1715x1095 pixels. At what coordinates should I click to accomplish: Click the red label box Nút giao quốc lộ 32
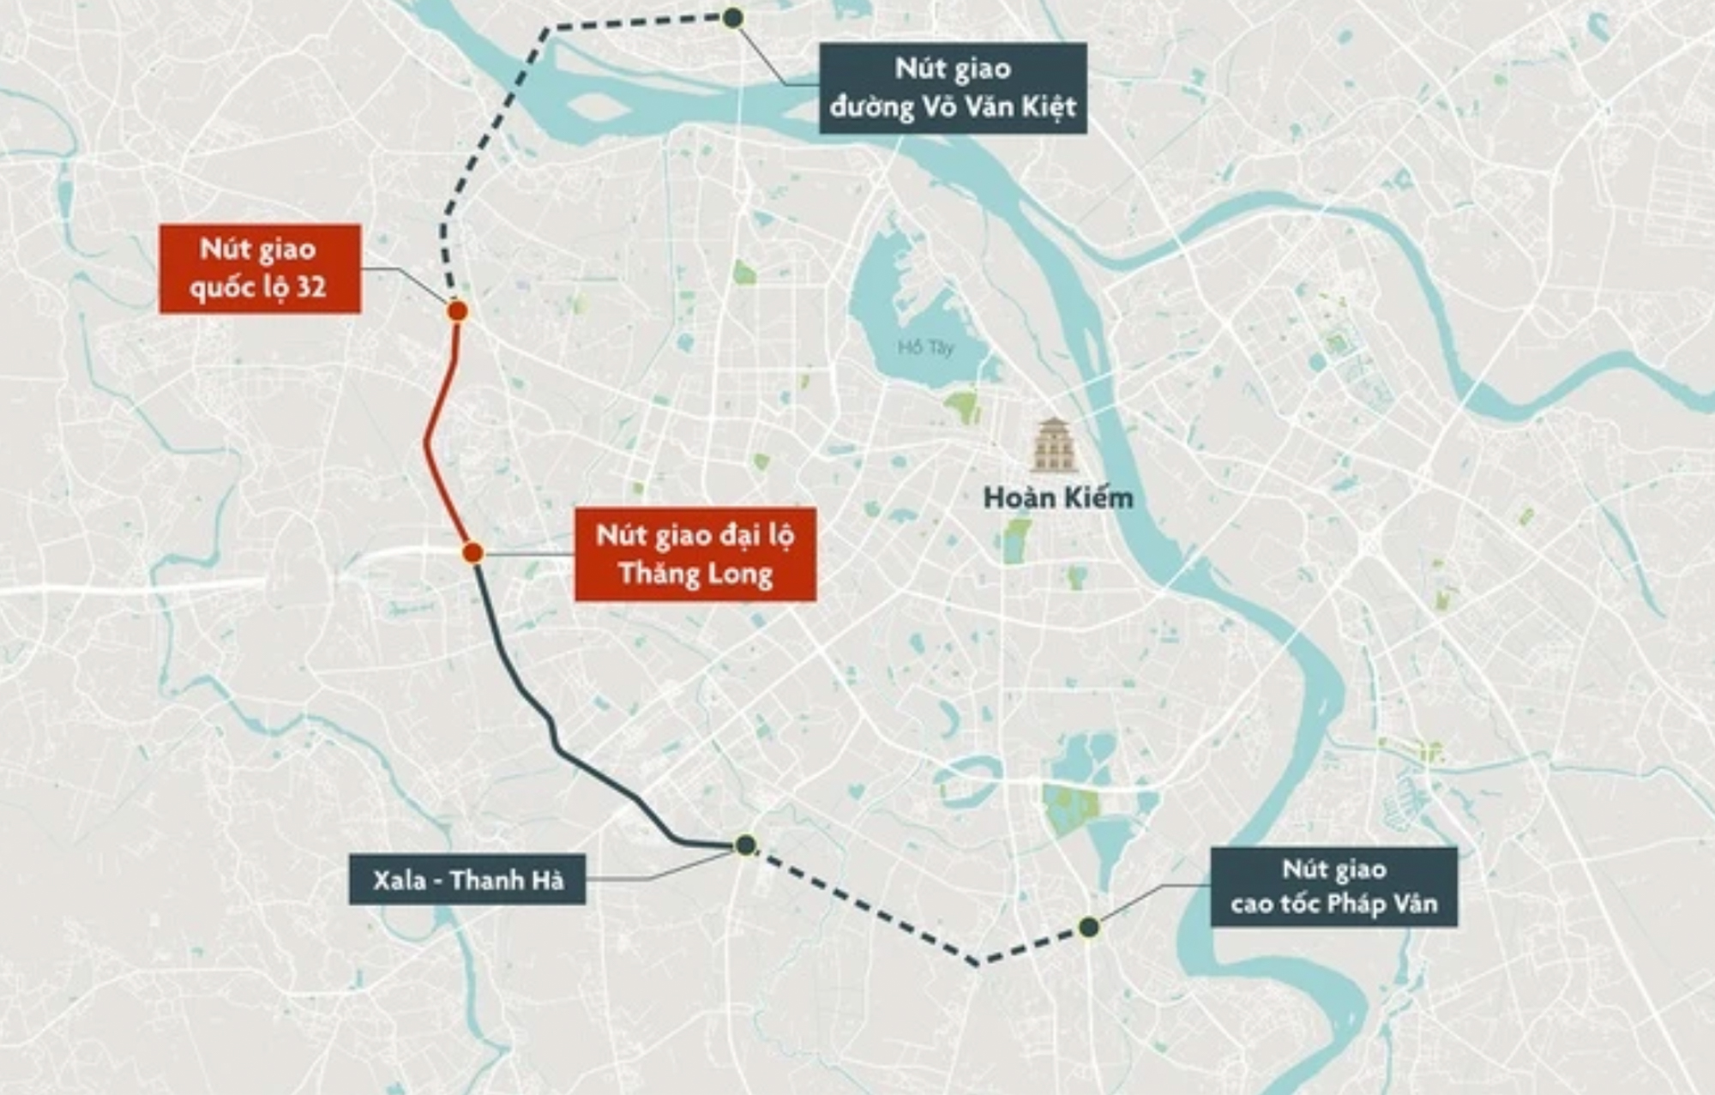(260, 268)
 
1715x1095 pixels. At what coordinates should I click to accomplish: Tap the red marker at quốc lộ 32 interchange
(457, 311)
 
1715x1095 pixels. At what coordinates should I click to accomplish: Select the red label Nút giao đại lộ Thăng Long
(695, 554)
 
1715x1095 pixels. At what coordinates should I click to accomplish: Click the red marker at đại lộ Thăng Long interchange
(472, 553)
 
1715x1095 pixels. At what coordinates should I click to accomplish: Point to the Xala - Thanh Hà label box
(467, 879)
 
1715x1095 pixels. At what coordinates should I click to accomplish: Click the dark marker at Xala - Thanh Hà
(745, 845)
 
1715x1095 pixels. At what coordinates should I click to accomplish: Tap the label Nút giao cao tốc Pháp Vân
(1333, 887)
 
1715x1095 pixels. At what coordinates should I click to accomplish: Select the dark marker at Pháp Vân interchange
(1089, 927)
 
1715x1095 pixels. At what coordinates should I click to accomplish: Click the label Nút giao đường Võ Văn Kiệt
(953, 88)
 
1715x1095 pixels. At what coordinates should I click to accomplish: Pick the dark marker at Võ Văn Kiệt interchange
(732, 18)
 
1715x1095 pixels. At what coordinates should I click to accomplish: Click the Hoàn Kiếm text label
(1058, 497)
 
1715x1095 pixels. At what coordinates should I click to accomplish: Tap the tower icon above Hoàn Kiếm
(1053, 445)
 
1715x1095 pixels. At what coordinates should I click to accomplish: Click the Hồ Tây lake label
(925, 347)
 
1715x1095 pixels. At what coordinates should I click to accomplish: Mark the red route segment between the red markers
(428, 437)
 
